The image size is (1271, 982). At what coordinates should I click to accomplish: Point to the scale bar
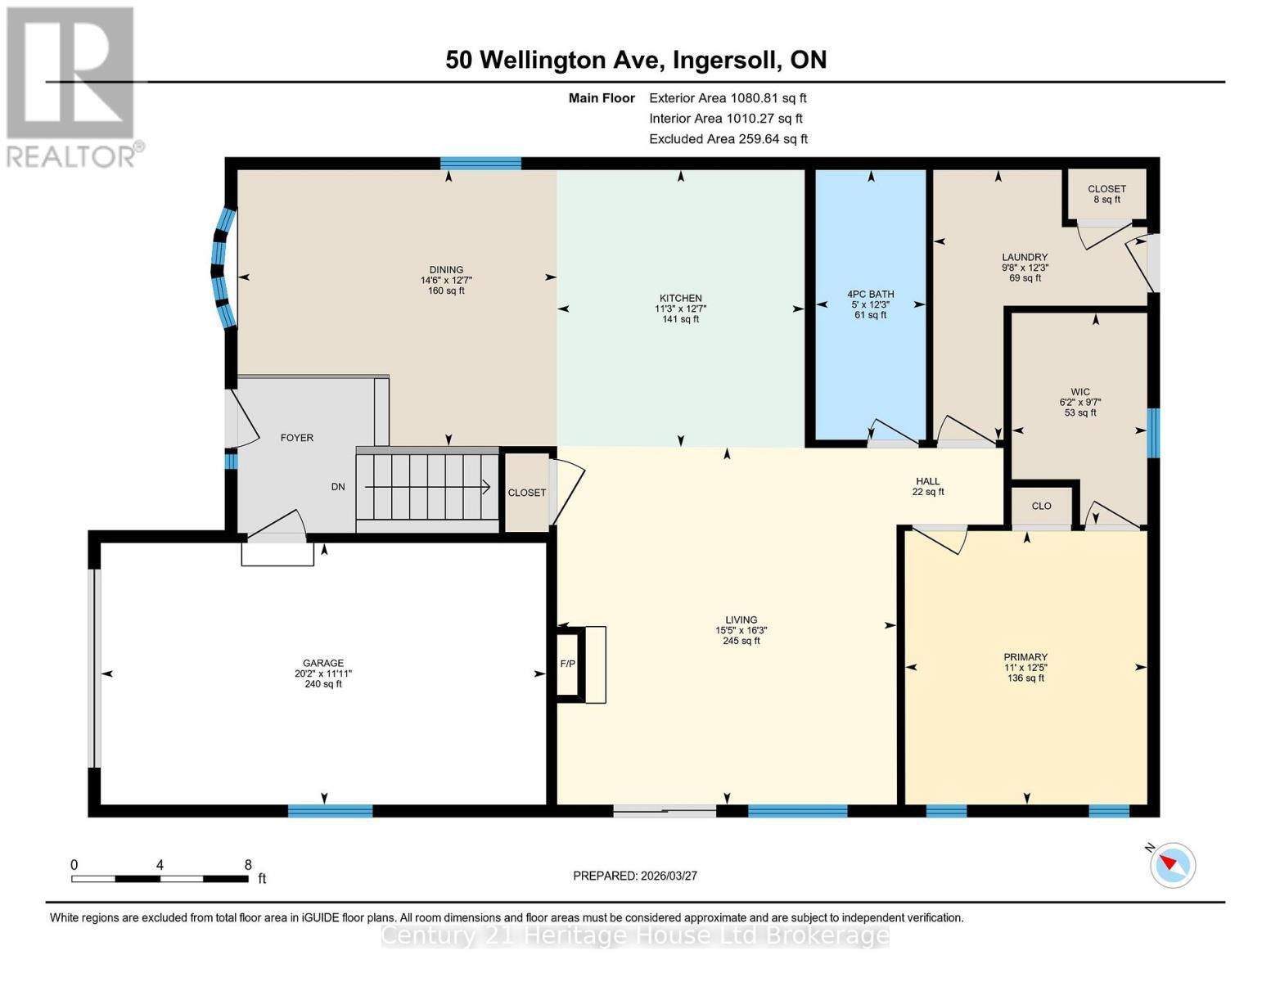click(160, 879)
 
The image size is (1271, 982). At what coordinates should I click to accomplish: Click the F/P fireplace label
click(567, 664)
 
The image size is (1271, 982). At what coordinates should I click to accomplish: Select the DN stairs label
click(338, 487)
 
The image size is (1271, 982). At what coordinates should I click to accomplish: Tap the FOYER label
click(297, 438)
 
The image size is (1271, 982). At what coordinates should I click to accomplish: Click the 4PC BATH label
click(870, 295)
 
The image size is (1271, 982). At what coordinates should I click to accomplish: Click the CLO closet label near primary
click(1041, 506)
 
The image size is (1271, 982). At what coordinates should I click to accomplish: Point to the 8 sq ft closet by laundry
click(1106, 200)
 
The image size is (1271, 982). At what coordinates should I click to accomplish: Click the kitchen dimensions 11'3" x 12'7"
click(680, 309)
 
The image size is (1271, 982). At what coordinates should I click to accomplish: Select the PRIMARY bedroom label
click(1025, 657)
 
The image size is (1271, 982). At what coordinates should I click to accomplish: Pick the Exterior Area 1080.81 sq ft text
click(728, 98)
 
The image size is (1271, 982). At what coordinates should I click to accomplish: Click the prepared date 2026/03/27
click(635, 876)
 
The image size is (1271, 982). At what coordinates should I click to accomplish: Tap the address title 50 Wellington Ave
click(636, 60)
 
